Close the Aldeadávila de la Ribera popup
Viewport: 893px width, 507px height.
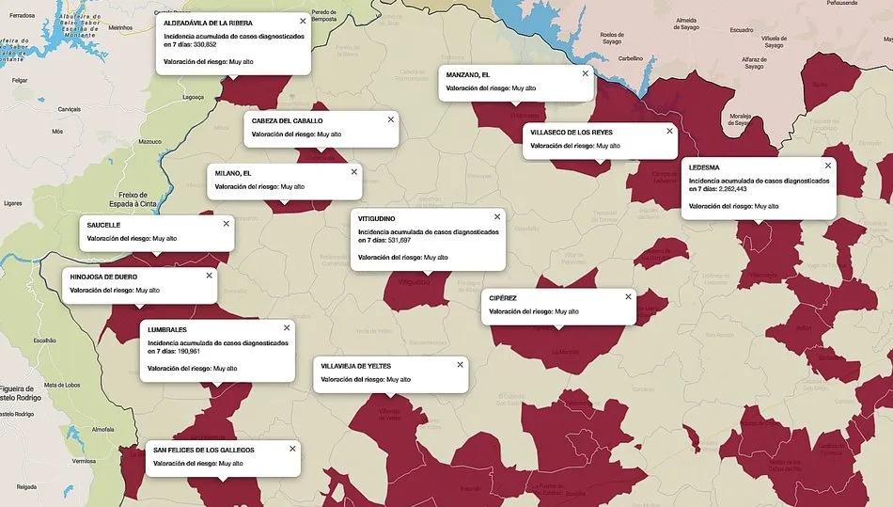(303, 21)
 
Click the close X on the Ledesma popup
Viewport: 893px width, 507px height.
(828, 165)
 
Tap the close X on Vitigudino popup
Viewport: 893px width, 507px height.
(497, 216)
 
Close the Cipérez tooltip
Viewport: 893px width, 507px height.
(628, 296)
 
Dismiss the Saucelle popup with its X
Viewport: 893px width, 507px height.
(226, 224)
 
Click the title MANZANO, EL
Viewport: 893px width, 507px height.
(468, 74)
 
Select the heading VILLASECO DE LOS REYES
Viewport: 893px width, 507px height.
(572, 133)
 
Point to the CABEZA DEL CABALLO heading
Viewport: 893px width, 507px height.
(288, 121)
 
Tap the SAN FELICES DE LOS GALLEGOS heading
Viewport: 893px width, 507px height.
(204, 450)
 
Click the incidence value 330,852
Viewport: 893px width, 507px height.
(205, 44)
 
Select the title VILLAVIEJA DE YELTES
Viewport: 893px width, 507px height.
(355, 366)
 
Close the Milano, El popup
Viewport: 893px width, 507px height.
(354, 171)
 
